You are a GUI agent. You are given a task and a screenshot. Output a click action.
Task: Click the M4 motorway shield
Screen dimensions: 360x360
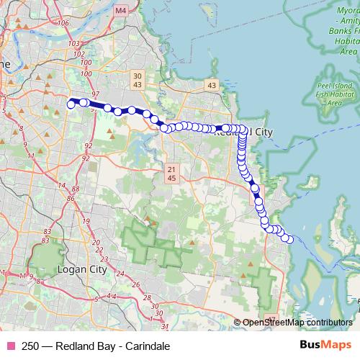pyautogui.click(x=120, y=11)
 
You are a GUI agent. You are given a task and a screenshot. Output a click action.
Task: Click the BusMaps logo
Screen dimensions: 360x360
pyautogui.click(x=326, y=345)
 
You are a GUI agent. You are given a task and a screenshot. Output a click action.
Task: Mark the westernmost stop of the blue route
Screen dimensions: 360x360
pyautogui.click(x=71, y=104)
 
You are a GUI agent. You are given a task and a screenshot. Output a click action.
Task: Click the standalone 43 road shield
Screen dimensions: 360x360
pyautogui.click(x=211, y=85)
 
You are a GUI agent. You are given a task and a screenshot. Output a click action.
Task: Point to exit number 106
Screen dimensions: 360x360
pyautogui.click(x=63, y=22)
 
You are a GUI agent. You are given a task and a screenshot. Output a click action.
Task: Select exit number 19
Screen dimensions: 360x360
pyautogui.click(x=87, y=221)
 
